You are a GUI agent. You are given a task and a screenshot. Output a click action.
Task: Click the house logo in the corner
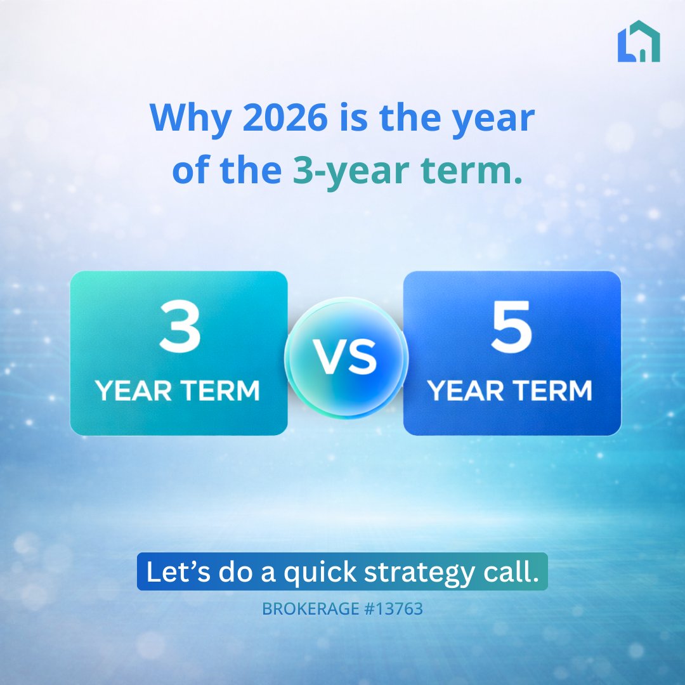coord(638,41)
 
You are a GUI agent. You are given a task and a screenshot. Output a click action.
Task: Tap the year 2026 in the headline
coord(285,117)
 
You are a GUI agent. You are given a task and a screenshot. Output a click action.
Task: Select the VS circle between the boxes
coord(346,357)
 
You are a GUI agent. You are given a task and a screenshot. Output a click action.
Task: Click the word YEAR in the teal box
coord(133,390)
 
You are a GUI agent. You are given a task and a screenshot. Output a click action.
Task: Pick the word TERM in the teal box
coord(221,390)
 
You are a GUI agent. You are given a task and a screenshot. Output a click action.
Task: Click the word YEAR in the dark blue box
coord(466,390)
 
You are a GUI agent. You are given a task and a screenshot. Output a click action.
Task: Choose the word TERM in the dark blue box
coord(552,390)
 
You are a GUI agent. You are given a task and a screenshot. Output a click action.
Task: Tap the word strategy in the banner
coord(419,572)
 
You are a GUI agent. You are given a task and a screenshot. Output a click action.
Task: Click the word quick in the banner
coord(320,572)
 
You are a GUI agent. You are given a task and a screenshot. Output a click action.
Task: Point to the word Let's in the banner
coord(178,571)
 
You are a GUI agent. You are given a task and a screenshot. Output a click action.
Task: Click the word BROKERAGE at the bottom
coord(310,608)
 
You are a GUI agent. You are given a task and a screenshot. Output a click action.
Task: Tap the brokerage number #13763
coord(393,608)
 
